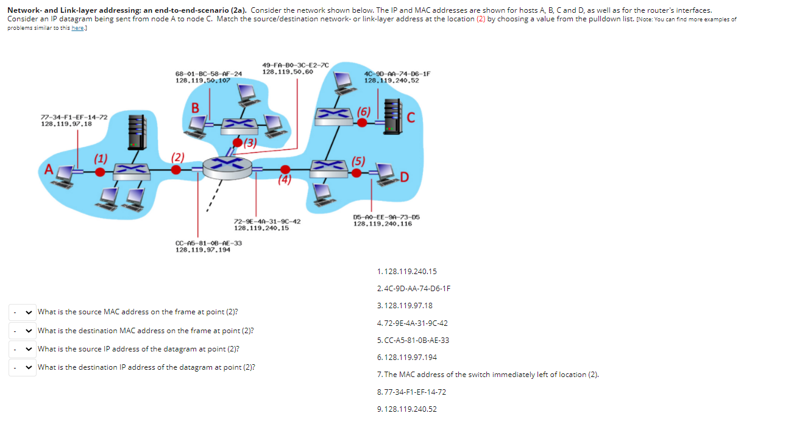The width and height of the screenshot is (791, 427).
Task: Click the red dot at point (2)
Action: [176, 170]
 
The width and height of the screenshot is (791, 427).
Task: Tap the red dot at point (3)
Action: [237, 143]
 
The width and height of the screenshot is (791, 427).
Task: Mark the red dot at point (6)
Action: [362, 122]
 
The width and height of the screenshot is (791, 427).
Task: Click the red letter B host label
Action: [195, 108]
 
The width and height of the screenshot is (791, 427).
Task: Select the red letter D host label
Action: [405, 177]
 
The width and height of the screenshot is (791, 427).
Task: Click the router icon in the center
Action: [227, 166]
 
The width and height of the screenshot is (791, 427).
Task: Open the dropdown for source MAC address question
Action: [22, 312]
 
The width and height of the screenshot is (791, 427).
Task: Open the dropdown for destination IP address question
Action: [22, 367]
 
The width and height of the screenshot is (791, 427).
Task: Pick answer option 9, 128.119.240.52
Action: [407, 409]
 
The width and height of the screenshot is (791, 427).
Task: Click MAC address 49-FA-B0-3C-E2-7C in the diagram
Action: [295, 65]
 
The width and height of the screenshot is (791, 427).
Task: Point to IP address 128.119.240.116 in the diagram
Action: [382, 224]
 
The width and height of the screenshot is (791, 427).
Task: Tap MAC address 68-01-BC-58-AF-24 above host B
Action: [208, 74]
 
